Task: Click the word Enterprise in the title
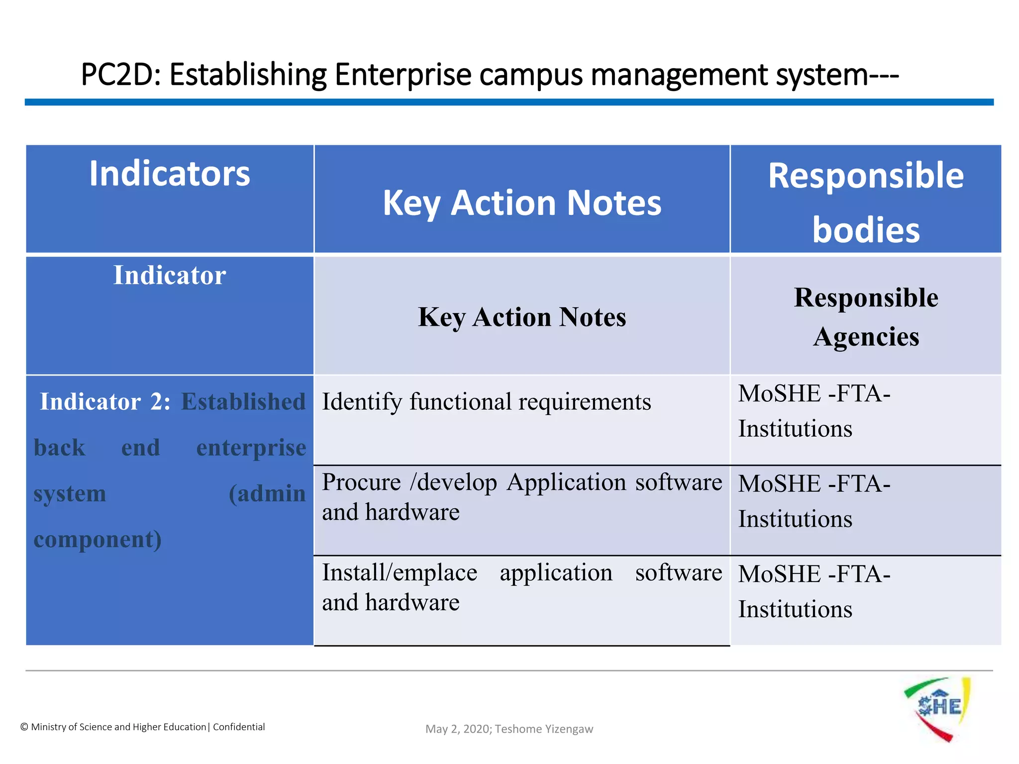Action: (x=403, y=75)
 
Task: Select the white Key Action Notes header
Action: (x=522, y=203)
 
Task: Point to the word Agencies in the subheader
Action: (x=866, y=337)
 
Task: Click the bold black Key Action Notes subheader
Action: (x=522, y=317)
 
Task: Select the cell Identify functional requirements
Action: (x=486, y=402)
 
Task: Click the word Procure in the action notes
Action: (x=361, y=482)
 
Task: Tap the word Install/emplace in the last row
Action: (x=400, y=573)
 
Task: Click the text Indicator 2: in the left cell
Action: (x=104, y=401)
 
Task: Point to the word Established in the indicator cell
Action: (x=243, y=401)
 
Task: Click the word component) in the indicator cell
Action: (x=98, y=540)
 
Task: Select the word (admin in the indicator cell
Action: (x=267, y=493)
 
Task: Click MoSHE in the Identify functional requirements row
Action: (x=779, y=393)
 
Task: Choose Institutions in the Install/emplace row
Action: (x=795, y=609)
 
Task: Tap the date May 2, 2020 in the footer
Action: (x=458, y=729)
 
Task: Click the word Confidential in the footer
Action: (x=239, y=727)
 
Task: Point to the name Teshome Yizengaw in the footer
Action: (x=544, y=729)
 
